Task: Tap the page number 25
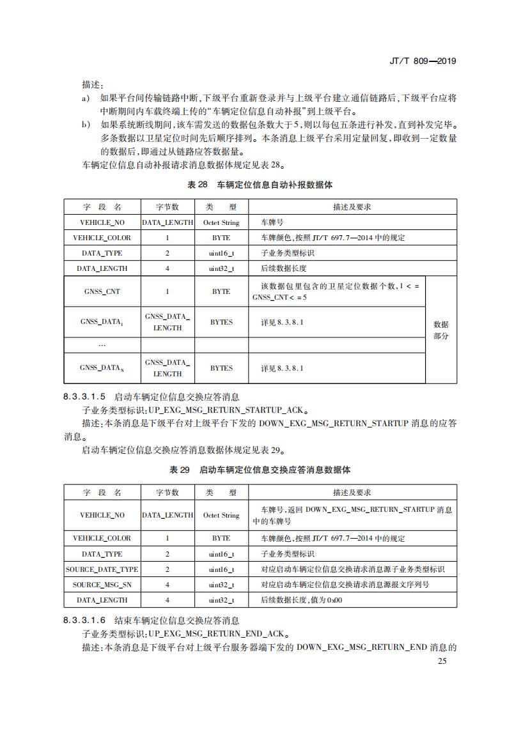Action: point(442,661)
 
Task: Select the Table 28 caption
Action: point(260,185)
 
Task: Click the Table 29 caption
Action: point(260,470)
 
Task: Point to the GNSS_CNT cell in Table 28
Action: point(102,291)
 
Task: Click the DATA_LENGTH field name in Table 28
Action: point(102,268)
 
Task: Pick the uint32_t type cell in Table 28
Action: point(221,268)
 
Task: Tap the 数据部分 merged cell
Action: point(441,330)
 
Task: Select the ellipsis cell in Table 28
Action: point(102,345)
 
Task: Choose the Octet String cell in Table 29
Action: point(221,515)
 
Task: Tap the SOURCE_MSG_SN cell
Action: point(102,585)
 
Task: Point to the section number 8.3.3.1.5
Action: point(85,397)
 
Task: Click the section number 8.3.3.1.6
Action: point(85,620)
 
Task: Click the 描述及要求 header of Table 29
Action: point(352,492)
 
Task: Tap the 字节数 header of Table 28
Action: point(167,207)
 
